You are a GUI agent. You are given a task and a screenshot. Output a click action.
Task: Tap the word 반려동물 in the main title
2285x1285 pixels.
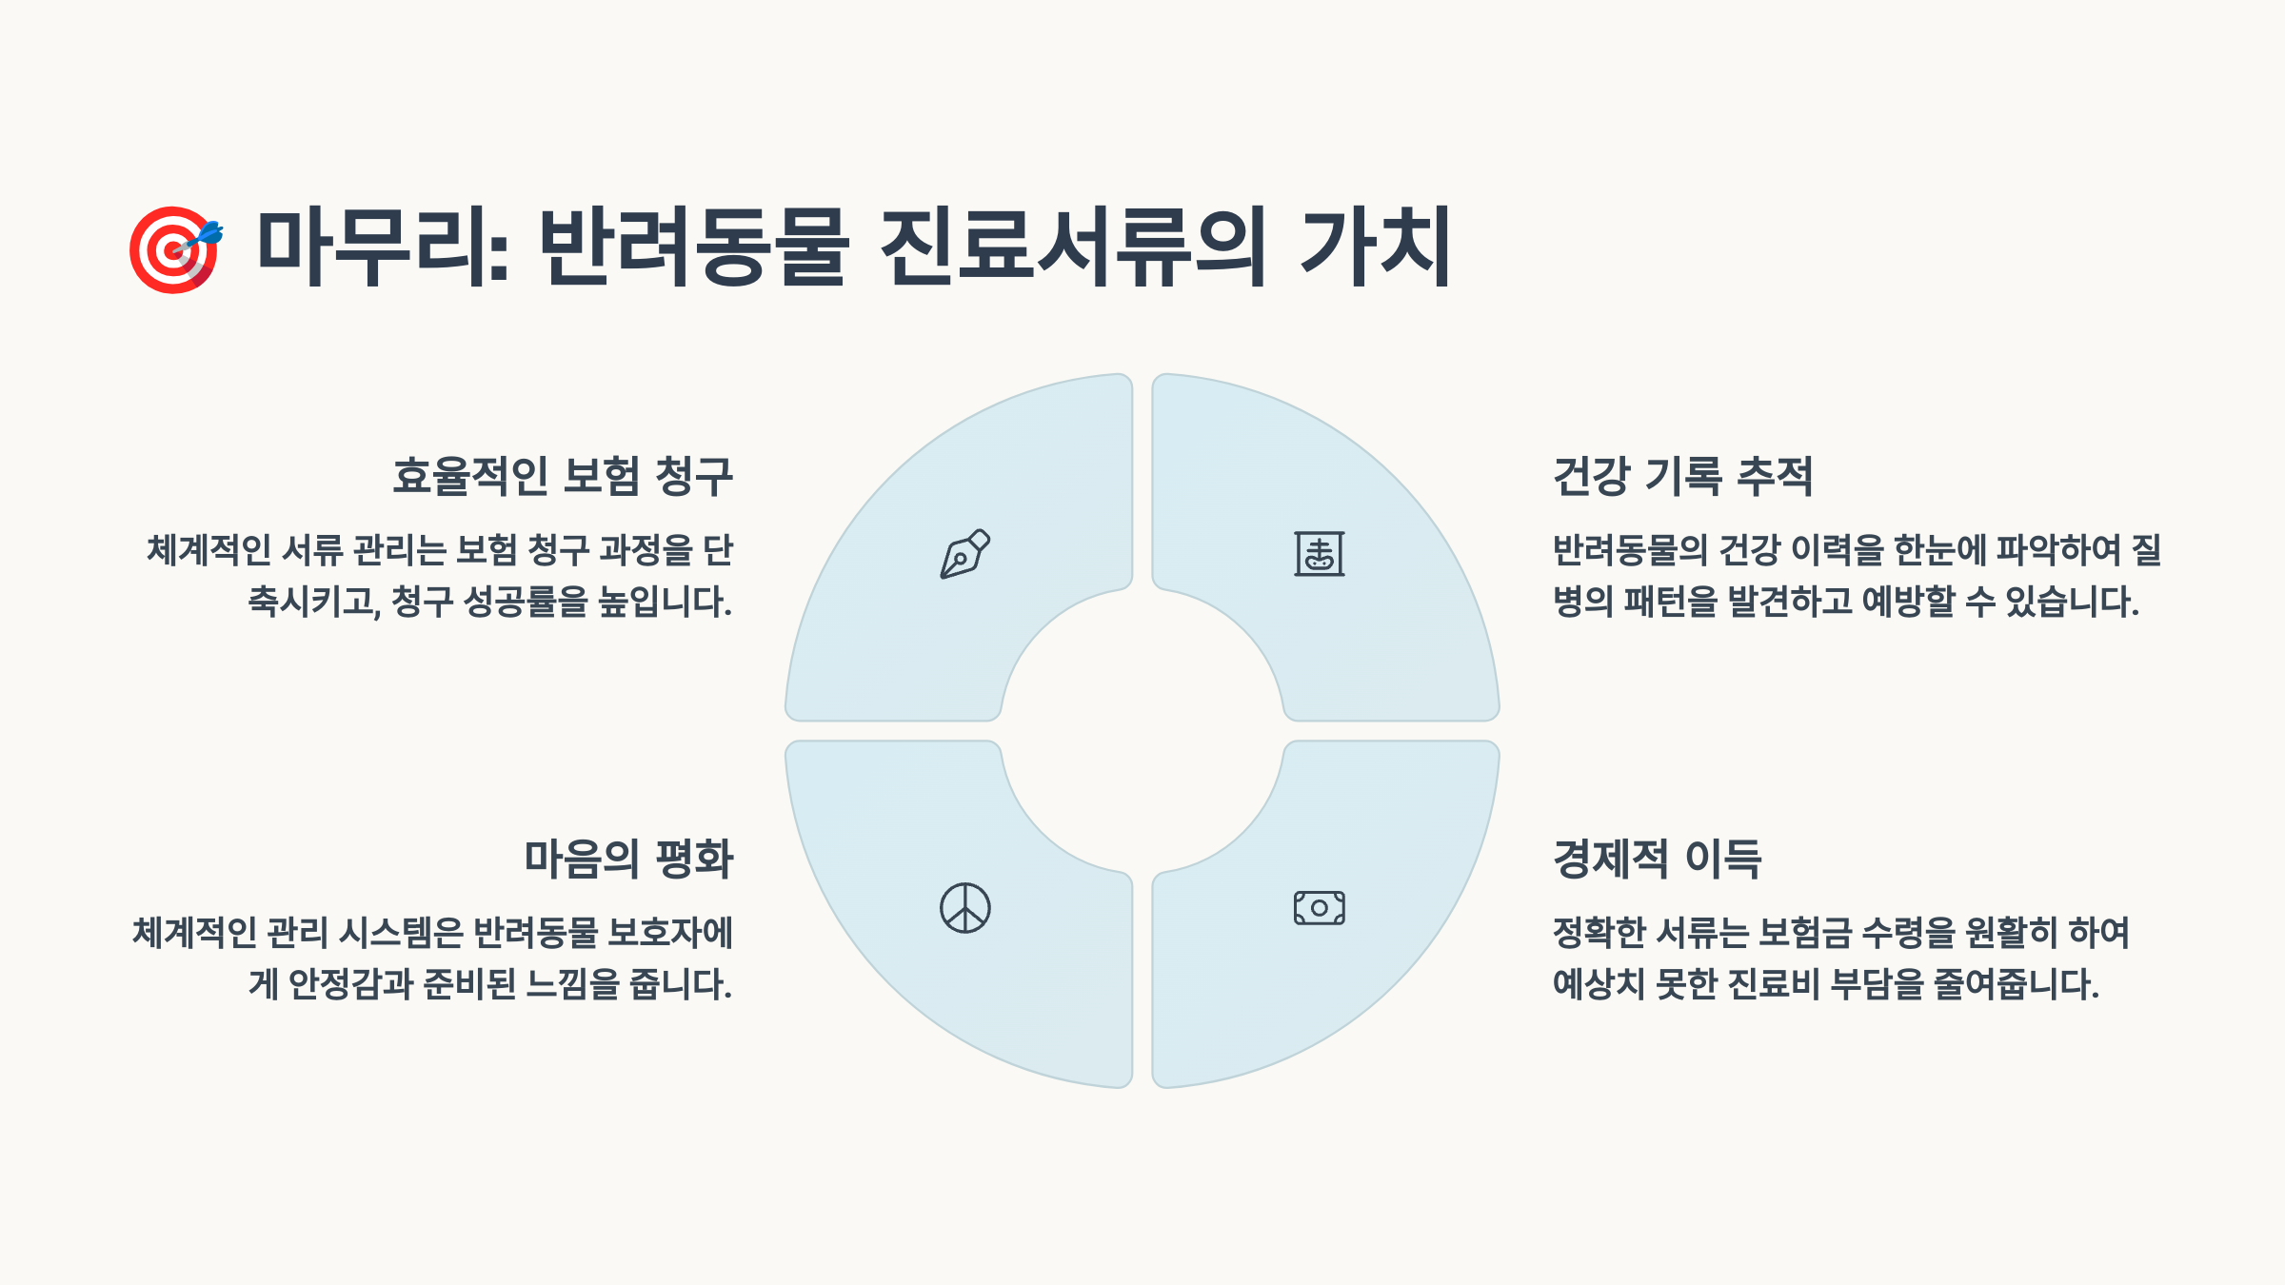click(x=693, y=247)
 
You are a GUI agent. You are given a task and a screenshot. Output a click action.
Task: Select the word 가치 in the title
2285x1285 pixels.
click(x=1376, y=247)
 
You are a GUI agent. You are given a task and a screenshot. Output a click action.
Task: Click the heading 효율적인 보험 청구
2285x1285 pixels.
click(x=563, y=476)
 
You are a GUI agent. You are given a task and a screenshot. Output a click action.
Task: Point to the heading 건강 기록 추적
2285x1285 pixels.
click(x=1682, y=476)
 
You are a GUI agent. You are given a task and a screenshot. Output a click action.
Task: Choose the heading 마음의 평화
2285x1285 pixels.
click(x=628, y=859)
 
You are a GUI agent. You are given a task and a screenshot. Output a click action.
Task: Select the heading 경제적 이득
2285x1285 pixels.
click(x=1657, y=859)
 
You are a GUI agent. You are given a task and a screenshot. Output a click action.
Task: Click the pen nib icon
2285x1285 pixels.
click(x=964, y=554)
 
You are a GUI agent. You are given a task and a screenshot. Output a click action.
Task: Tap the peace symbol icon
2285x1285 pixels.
click(x=964, y=908)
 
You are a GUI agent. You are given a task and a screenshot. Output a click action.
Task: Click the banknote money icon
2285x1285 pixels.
click(x=1319, y=908)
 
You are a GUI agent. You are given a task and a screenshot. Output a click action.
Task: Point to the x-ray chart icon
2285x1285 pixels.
click(x=1319, y=554)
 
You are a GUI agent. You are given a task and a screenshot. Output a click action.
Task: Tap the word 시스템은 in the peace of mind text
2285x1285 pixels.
click(x=401, y=933)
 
